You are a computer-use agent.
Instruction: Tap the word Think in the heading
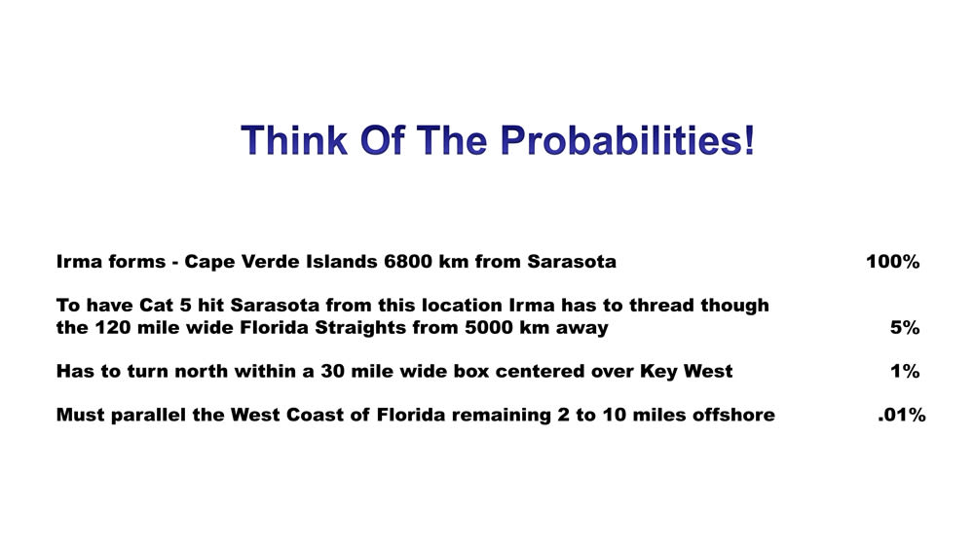(294, 139)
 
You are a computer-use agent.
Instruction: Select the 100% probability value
(892, 261)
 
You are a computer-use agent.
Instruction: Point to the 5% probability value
(905, 327)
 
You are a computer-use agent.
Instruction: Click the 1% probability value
(905, 371)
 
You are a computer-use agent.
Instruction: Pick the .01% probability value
(901, 415)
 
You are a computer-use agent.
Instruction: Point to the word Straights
(363, 328)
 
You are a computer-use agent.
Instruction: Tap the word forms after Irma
(137, 261)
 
